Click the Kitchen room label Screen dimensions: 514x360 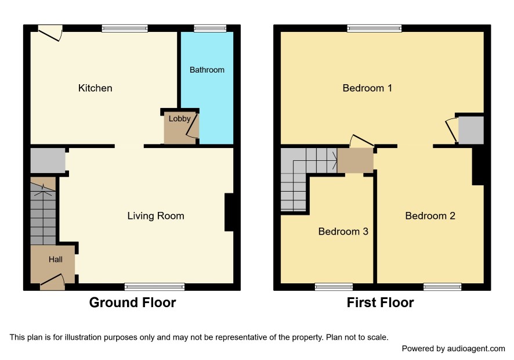95,88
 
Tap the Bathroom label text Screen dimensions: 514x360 207,70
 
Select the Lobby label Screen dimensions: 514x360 179,118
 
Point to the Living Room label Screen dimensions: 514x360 155,215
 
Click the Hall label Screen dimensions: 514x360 55,259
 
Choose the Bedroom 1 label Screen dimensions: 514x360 367,88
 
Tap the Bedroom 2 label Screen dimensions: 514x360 430,215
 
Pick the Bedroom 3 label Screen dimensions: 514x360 343,231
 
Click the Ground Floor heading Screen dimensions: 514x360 132,303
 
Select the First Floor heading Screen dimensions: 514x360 380,303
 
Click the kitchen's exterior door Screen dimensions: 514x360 50,34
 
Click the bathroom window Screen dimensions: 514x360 210,28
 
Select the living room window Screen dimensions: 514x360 154,287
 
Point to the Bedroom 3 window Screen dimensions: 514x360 334,287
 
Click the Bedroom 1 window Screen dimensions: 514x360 375,28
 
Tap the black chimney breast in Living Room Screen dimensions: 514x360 229,213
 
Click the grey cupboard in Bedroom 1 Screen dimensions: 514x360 470,130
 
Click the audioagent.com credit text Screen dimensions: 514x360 453,348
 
